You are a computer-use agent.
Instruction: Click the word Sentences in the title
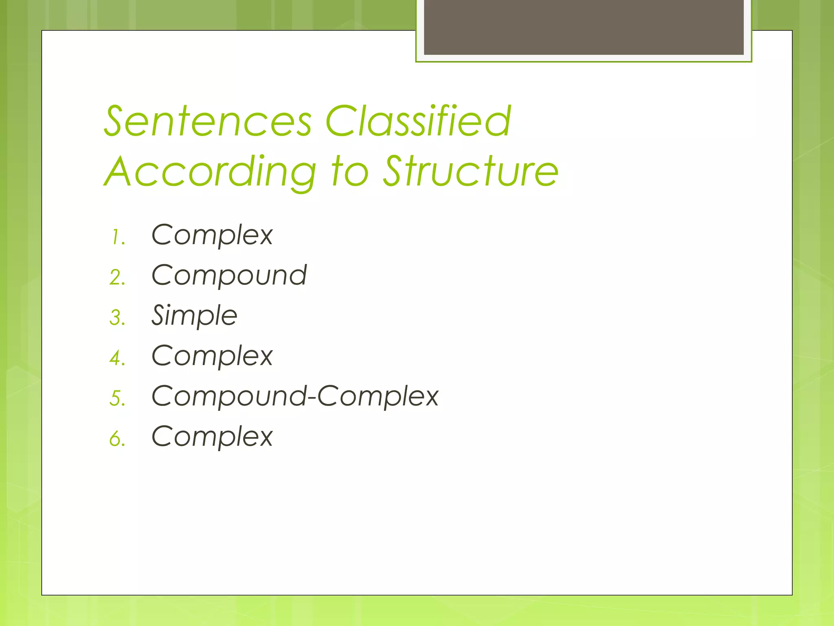[208, 121]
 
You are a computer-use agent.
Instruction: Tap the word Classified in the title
[418, 121]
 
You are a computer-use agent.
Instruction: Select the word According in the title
[210, 172]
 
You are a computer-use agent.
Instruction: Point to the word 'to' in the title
[350, 172]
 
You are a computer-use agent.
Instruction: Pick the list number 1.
[118, 237]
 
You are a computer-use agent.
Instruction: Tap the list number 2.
[117, 278]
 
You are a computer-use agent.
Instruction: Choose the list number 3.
[117, 318]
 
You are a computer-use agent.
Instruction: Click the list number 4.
[117, 358]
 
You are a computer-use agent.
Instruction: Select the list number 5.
[117, 398]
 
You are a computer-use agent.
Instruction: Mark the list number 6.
[117, 439]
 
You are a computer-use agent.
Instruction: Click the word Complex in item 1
[212, 235]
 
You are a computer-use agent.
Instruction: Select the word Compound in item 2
[229, 275]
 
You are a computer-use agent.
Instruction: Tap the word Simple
[194, 316]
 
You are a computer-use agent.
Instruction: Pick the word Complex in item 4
[212, 356]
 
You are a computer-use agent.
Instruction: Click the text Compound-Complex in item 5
[295, 396]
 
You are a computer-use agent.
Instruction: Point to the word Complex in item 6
[212, 436]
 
